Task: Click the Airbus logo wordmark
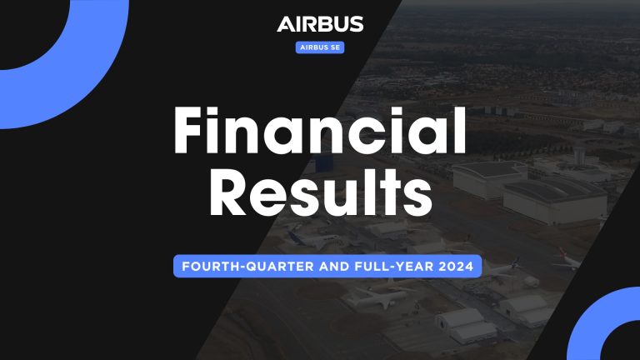(x=320, y=24)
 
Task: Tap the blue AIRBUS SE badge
(x=320, y=47)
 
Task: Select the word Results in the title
(x=320, y=194)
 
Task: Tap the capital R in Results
(x=227, y=194)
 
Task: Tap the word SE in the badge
(x=333, y=47)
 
